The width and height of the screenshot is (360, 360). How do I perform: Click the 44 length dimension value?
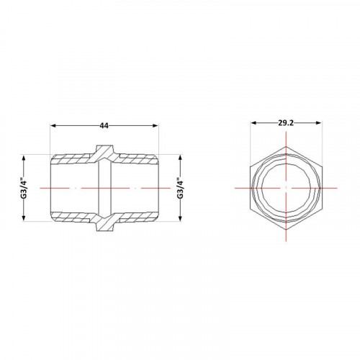point(104,125)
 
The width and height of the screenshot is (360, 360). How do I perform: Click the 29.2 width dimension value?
point(286,123)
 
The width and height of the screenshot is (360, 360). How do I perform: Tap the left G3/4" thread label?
point(24,188)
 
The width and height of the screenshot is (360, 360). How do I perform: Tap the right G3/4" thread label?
point(181,188)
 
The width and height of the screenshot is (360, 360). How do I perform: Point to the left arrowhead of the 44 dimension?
point(53,125)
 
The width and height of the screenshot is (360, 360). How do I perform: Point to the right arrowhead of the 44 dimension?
point(156,125)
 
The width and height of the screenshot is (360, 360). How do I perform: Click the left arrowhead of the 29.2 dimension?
point(253,123)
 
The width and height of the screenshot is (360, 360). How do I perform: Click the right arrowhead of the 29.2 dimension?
point(318,123)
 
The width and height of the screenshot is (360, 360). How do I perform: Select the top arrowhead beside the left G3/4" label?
point(24,158)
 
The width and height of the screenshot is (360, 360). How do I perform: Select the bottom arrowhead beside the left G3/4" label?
point(24,217)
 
